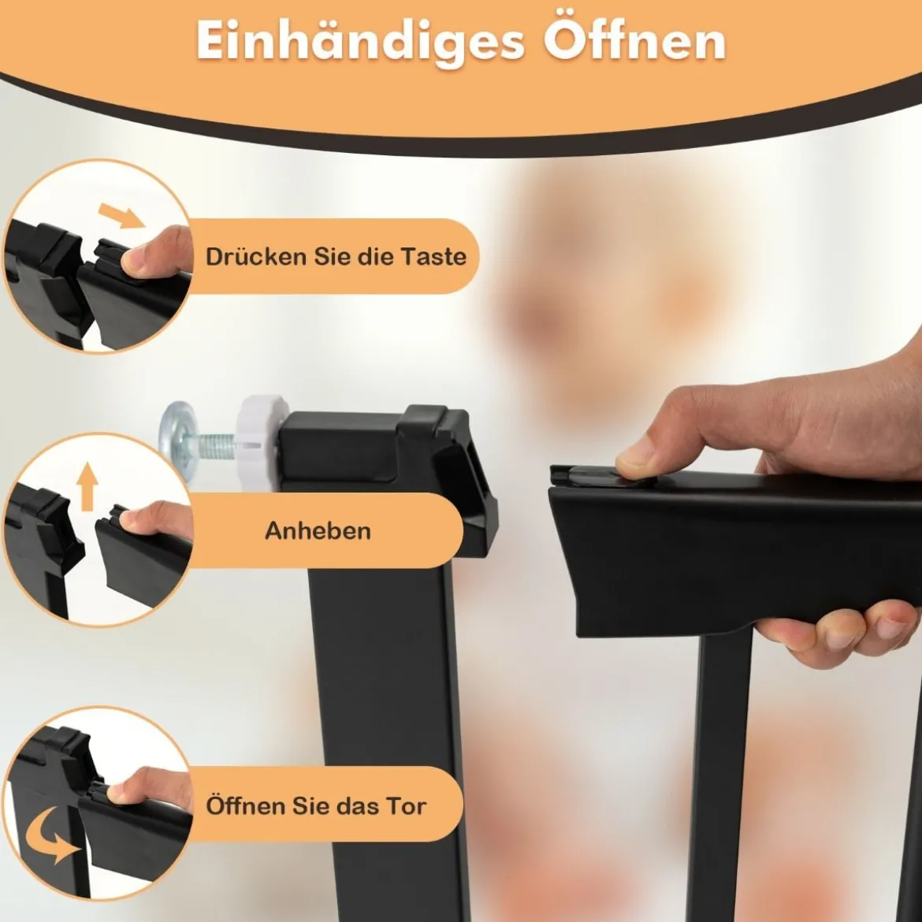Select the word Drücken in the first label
coord(256,256)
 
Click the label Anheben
coord(318,531)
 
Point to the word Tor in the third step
coord(406,805)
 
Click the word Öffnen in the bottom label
coord(246,805)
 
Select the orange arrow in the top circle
coord(121,215)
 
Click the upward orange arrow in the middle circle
coord(87,486)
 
